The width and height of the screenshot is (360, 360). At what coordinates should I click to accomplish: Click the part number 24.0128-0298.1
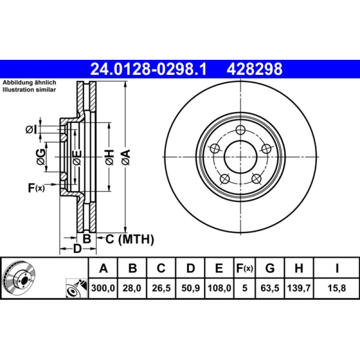[x=148, y=69]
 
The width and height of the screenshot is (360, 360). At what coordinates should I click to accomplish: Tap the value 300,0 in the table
[x=103, y=288]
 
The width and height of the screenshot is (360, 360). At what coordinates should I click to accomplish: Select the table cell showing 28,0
[x=132, y=288]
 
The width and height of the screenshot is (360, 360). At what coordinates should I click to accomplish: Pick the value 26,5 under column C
[x=161, y=288]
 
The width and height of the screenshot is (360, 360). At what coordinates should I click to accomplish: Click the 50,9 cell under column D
[x=190, y=288]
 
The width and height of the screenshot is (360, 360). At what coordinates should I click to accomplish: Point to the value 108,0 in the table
[x=219, y=288]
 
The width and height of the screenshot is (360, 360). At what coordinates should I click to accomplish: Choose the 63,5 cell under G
[x=270, y=288]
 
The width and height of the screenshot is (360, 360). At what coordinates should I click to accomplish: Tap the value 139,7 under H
[x=298, y=288]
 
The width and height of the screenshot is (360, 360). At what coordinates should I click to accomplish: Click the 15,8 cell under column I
[x=337, y=288]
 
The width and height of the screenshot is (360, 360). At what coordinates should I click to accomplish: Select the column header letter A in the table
[x=103, y=269]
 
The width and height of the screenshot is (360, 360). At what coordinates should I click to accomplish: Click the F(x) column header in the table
[x=245, y=269]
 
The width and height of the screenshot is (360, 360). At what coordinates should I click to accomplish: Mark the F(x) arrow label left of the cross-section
[x=36, y=188]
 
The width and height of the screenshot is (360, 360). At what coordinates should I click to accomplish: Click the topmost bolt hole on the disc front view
[x=240, y=130]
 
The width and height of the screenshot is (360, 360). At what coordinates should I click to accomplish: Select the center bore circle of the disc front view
[x=240, y=157]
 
